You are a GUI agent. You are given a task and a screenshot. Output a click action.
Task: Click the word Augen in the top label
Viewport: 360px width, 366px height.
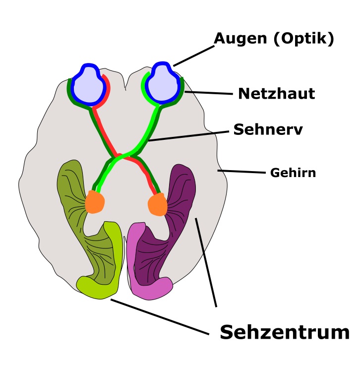[x=240, y=39]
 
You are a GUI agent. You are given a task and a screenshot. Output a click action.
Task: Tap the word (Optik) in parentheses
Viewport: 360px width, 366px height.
[x=304, y=39]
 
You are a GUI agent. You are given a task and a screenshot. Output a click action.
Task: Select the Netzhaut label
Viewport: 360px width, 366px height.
[x=277, y=94]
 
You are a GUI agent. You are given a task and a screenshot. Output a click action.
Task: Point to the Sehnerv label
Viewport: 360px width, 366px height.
[x=268, y=129]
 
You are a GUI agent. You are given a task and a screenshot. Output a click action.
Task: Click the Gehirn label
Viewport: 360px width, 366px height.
[x=293, y=173]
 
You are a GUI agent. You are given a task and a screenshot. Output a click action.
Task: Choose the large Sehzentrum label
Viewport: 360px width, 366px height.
[x=285, y=332]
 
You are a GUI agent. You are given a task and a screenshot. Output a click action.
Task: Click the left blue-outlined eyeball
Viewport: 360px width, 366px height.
[x=88, y=84]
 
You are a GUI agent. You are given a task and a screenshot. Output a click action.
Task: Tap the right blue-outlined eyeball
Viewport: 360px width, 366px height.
[x=162, y=83]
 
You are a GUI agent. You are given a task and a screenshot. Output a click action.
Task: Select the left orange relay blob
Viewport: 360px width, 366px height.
[x=95, y=202]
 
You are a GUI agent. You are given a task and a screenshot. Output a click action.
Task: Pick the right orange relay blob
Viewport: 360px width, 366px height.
[x=158, y=204]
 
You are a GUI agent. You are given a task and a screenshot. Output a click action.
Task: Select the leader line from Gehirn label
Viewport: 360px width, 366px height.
[x=241, y=172]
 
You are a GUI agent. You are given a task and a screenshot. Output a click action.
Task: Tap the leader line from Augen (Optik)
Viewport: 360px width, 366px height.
[x=194, y=56]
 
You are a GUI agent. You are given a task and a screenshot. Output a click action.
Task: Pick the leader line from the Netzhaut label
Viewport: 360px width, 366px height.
[x=209, y=93]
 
